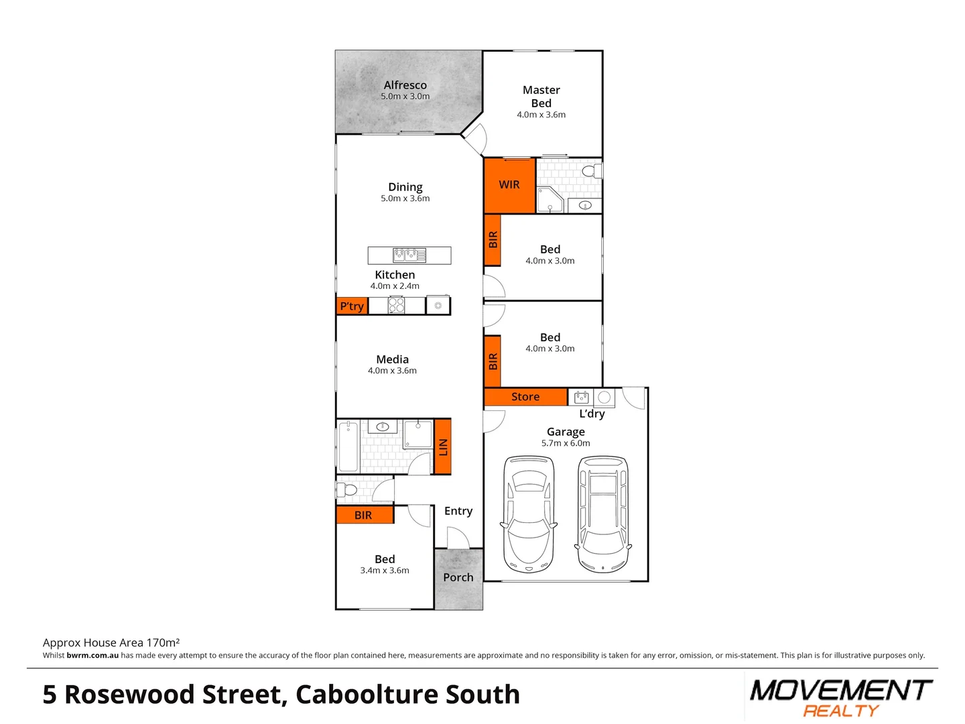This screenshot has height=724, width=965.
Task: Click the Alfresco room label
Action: click(x=405, y=85)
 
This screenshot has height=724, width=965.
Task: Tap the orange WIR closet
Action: click(x=509, y=185)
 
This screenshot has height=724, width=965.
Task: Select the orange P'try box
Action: click(x=352, y=306)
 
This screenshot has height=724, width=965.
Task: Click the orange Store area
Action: click(x=525, y=397)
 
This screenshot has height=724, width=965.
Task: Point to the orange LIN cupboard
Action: click(x=442, y=446)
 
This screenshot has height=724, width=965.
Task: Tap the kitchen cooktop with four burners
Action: click(x=397, y=306)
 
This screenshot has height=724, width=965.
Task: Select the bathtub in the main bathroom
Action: click(x=348, y=446)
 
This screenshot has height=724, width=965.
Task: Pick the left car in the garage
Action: click(x=529, y=514)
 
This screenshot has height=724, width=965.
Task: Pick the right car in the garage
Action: click(x=603, y=514)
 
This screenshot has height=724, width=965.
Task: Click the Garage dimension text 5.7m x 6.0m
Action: click(x=566, y=443)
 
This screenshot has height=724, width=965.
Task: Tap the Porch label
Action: click(x=458, y=577)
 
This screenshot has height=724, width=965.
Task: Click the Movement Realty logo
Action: click(x=841, y=697)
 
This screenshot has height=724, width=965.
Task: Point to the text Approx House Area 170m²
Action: click(x=111, y=642)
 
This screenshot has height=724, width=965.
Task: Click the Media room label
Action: click(x=392, y=359)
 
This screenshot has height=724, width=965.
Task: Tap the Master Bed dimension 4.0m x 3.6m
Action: click(x=541, y=115)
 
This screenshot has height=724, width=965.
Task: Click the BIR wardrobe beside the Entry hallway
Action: click(x=364, y=515)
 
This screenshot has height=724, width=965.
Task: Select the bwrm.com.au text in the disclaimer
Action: click(x=92, y=656)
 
